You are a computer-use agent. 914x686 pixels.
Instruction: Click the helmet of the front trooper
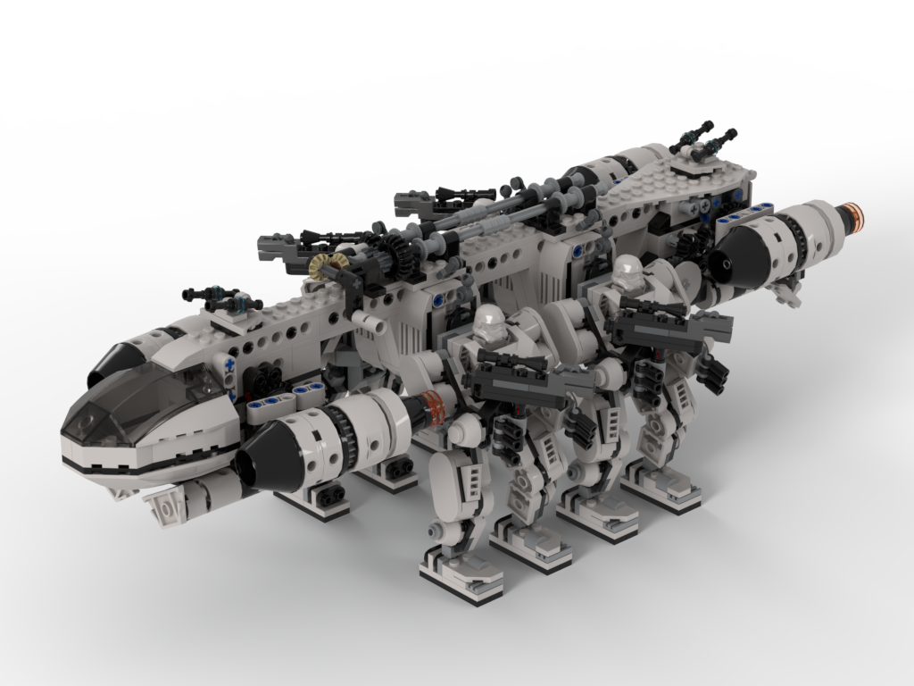492,325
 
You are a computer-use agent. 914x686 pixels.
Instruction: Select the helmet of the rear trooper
628,272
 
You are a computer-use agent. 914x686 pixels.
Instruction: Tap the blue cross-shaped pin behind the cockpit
229,365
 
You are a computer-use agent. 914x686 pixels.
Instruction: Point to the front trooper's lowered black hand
507,437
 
